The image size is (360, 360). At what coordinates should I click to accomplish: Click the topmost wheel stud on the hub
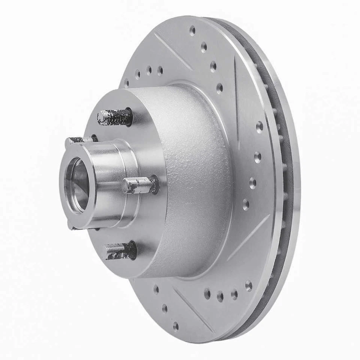click(x=114, y=117)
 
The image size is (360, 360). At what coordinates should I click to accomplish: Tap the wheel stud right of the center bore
click(x=139, y=185)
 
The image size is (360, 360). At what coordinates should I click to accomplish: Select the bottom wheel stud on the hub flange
click(x=119, y=250)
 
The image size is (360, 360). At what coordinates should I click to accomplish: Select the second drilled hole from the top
click(x=204, y=47)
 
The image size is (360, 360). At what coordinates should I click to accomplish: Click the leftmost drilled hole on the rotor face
click(x=126, y=83)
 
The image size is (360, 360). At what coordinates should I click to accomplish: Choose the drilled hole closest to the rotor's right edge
click(x=259, y=127)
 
